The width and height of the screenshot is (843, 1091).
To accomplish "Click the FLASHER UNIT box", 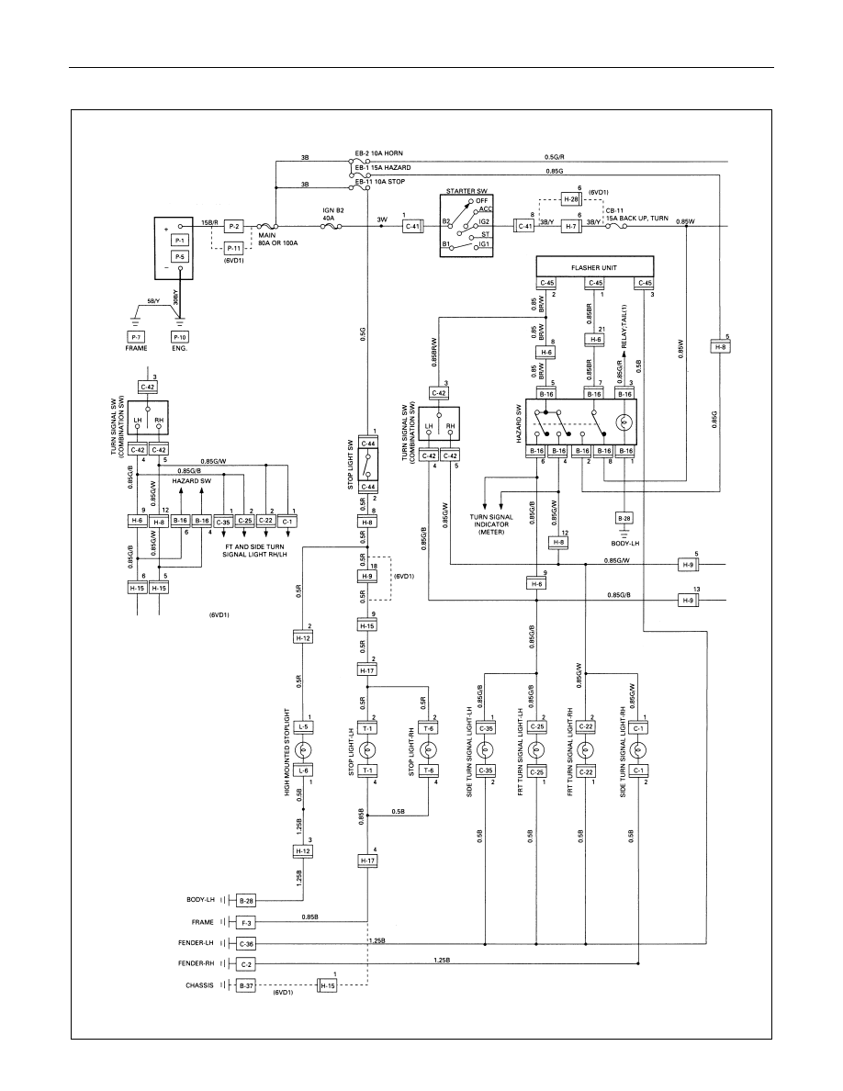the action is [x=595, y=267].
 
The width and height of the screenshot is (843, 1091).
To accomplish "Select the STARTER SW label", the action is [x=466, y=191].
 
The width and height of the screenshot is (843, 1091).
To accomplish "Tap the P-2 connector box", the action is [x=233, y=226].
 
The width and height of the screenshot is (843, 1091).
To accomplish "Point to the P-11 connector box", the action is [x=233, y=248].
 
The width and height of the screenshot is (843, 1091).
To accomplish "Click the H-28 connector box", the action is [x=570, y=199].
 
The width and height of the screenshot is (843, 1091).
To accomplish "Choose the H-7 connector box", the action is [x=570, y=226].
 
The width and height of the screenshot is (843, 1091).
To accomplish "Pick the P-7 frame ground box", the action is [x=136, y=337].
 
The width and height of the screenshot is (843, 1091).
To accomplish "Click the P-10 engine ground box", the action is [x=179, y=337].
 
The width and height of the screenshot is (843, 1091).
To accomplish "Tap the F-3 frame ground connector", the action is [x=246, y=923].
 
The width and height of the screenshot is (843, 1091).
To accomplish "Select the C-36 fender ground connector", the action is [x=246, y=943].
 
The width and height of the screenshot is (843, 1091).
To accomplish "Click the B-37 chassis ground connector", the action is [x=246, y=985].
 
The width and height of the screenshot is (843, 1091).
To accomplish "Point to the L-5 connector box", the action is [x=303, y=727].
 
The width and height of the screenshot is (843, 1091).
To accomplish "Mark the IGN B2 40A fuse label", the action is [x=329, y=213].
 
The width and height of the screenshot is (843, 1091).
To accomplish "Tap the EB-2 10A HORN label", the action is [x=378, y=153].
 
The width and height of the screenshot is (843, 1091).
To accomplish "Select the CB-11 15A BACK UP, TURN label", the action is [x=636, y=214].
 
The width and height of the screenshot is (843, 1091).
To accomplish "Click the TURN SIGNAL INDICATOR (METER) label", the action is [x=492, y=524].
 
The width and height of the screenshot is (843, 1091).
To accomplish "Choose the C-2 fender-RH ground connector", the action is [x=246, y=964].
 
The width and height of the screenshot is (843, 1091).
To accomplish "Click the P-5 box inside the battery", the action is [x=179, y=257].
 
